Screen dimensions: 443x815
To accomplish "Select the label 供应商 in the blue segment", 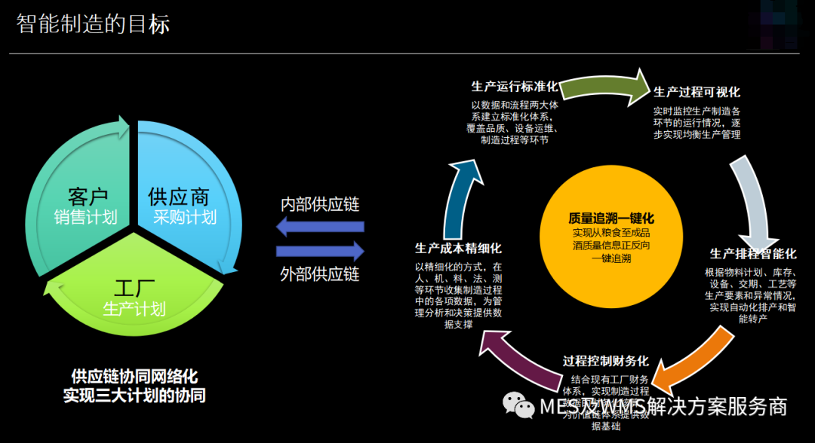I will click(178, 197).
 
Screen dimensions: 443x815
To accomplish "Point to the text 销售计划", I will click(85, 218).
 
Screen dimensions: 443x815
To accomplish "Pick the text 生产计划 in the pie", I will click(134, 309).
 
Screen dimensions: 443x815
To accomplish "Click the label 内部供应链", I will click(320, 204).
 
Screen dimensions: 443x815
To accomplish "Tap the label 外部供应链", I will click(320, 274).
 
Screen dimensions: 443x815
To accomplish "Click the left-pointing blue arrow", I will click(320, 226).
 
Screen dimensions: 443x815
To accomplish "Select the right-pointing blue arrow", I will click(320, 251).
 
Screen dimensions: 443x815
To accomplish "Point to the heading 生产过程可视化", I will click(697, 92).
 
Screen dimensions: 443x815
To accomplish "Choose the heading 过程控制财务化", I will click(606, 361).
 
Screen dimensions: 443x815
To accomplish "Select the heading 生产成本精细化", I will click(458, 248).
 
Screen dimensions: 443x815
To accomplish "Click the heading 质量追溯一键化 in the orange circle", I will click(611, 218).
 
